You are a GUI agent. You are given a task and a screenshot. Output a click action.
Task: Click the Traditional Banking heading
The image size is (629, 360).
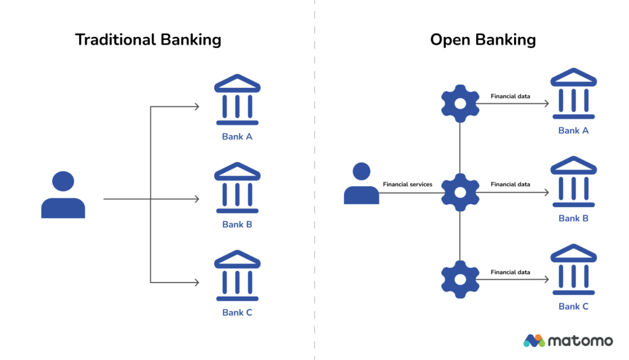point(147,41)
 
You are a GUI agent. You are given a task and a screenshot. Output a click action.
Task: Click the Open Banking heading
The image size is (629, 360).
point(483,41)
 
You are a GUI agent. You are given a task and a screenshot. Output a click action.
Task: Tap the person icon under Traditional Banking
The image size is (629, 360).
point(63,195)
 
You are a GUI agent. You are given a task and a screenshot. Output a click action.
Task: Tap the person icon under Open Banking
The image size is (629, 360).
point(361,184)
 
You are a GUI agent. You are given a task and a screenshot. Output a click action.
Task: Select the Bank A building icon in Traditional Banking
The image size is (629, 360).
point(237,101)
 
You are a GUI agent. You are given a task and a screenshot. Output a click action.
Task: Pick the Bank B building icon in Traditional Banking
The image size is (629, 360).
point(237,189)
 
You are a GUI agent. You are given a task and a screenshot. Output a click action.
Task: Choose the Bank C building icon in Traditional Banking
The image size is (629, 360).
point(237,276)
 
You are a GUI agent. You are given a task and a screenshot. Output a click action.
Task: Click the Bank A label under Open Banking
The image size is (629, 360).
point(573,131)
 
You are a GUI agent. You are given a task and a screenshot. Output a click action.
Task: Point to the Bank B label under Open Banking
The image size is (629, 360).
point(573,219)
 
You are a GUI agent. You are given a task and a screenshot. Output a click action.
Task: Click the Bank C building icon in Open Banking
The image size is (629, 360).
point(573,270)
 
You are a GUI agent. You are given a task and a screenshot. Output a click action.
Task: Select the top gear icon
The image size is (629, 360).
point(460,104)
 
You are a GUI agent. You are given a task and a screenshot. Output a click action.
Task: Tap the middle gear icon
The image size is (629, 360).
point(460,192)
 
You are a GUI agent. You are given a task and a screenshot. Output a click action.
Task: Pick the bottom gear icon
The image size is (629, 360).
point(460,280)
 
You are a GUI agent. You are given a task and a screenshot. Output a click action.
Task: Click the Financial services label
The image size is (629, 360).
point(407,184)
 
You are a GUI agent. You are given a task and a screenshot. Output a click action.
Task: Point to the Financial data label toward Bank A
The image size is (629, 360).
point(510,96)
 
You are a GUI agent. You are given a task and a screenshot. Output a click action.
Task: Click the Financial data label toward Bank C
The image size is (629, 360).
point(510,272)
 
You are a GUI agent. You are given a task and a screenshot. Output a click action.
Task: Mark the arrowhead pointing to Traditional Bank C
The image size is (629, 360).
point(197,283)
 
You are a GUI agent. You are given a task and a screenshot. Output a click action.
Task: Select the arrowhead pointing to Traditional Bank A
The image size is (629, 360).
point(197,107)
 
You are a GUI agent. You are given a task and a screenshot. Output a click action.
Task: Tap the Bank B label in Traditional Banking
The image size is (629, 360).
point(237,225)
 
